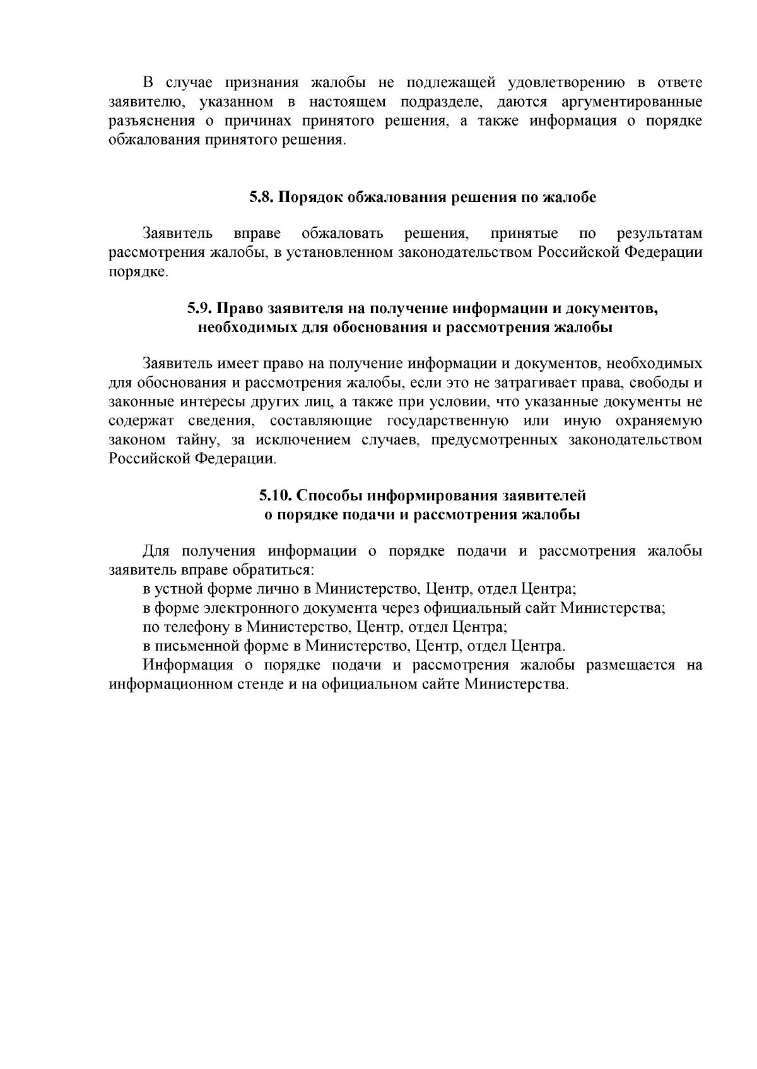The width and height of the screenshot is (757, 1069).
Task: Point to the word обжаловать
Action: pos(342,234)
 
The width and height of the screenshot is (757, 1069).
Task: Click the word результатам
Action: pos(659,234)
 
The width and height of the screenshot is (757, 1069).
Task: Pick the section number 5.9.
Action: pos(200,309)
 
